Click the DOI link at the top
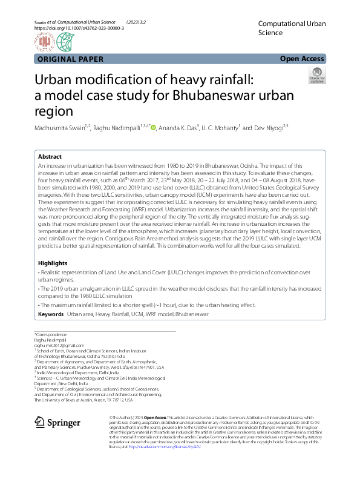79,28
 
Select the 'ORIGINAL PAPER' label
70,59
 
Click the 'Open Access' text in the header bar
302,59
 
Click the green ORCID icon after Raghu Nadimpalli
154,128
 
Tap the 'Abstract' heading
50,156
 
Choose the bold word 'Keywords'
51,315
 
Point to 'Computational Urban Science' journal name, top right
292,28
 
